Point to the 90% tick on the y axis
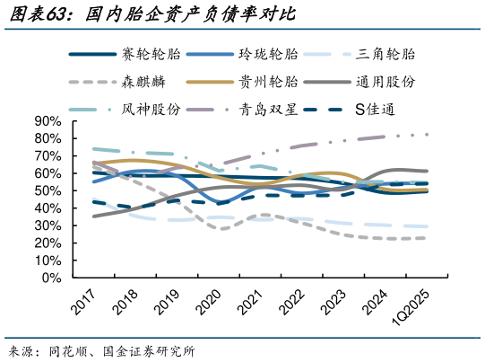48,121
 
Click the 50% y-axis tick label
48,190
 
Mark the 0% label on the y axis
51,278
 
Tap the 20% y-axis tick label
48,243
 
